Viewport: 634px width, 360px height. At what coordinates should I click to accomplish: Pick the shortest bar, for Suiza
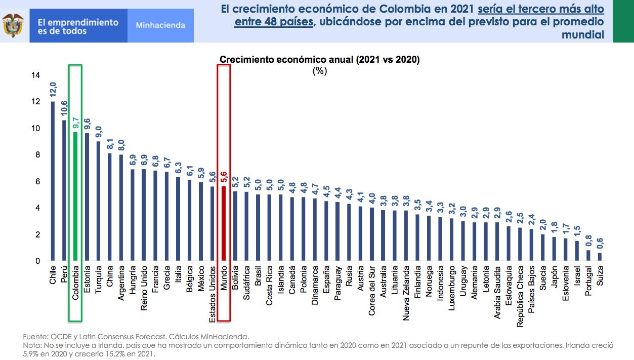coord(600,257)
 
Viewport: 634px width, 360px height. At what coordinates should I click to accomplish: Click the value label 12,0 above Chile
coord(53,89)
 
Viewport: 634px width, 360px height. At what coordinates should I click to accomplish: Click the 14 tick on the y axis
coord(35,75)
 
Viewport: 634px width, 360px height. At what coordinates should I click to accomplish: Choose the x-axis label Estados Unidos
coord(213,293)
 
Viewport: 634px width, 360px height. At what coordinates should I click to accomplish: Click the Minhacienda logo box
coord(160,25)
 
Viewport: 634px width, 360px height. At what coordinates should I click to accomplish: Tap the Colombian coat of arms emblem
coord(13,25)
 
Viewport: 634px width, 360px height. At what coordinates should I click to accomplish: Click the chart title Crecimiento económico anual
coord(319,60)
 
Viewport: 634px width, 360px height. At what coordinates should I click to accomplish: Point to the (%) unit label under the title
coord(319,71)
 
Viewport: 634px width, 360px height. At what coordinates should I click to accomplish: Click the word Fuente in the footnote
coord(33,336)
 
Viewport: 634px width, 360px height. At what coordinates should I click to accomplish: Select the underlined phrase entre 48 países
coord(274,22)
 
